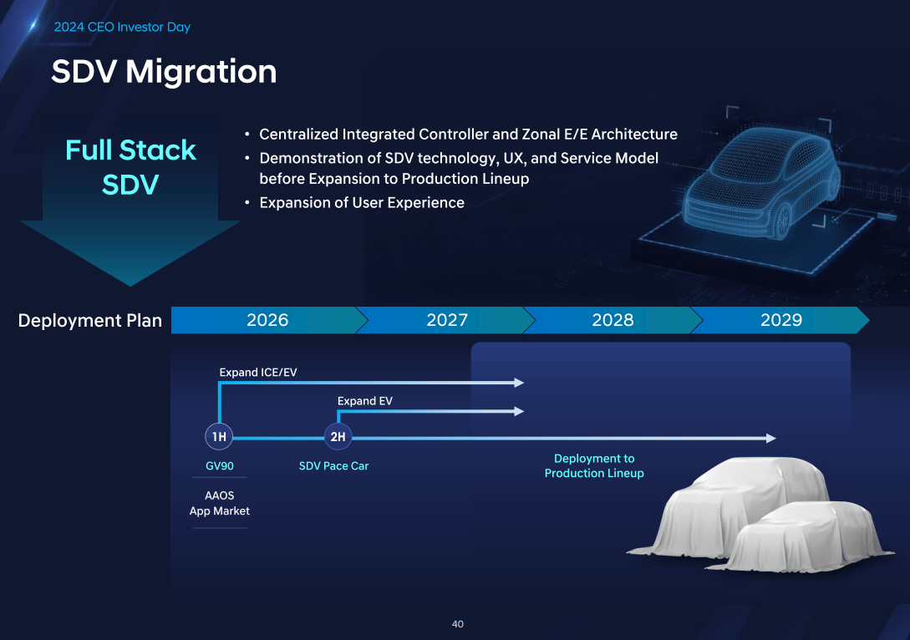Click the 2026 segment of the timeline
(267, 320)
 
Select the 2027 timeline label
(447, 320)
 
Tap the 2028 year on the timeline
(613, 320)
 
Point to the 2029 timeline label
(781, 320)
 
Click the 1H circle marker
(219, 436)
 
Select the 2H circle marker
(338, 436)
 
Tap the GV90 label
(220, 466)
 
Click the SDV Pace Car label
(333, 466)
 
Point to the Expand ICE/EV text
(258, 373)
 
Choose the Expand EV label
(365, 401)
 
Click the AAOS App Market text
(220, 503)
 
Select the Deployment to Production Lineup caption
(594, 466)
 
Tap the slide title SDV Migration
(165, 71)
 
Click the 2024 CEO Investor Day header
(122, 27)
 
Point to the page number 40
(457, 624)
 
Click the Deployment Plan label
(90, 320)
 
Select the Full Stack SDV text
(130, 167)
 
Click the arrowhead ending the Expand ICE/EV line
(520, 383)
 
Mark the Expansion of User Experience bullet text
(362, 202)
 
